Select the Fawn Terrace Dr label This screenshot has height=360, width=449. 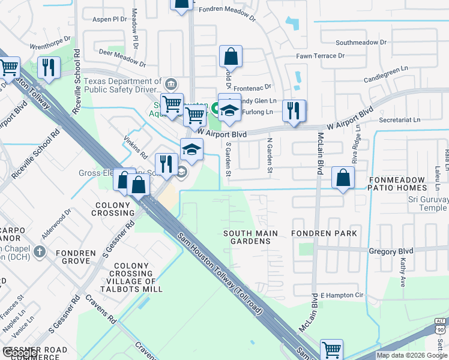[x=321, y=56]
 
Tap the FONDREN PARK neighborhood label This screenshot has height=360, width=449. [x=324, y=233]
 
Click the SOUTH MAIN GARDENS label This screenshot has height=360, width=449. [x=250, y=237]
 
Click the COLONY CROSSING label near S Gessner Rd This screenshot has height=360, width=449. [x=113, y=209]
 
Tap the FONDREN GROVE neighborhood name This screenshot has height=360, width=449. [x=76, y=257]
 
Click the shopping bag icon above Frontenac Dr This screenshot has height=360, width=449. [x=231, y=57]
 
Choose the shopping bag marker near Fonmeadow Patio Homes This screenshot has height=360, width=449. [x=343, y=178]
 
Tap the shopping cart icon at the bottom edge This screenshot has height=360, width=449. [x=331, y=349]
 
